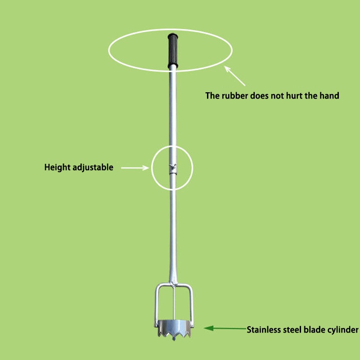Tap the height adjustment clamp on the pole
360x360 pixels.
(172, 167)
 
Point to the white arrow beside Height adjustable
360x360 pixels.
(135, 167)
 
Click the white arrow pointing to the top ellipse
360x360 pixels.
(235, 76)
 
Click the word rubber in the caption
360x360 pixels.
(234, 95)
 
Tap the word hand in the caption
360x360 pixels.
(330, 95)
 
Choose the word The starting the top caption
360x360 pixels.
(212, 95)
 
